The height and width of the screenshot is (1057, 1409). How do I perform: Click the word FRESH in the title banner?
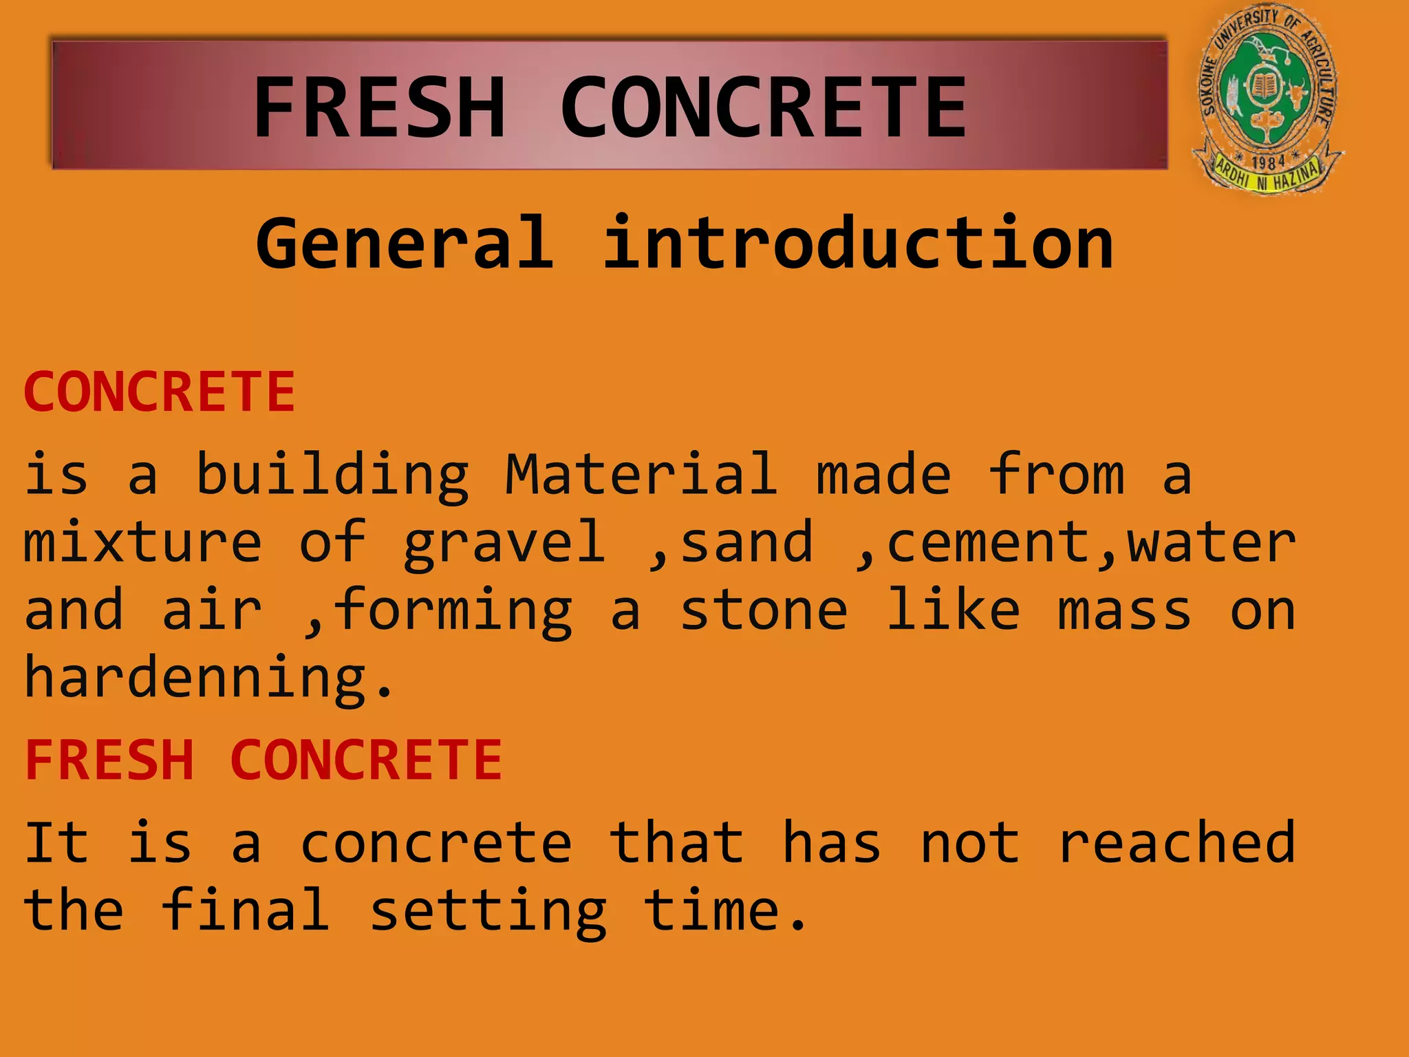pos(380,107)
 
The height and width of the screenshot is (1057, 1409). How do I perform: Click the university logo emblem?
pos(1267,96)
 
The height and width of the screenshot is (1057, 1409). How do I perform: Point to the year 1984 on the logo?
pos(1267,163)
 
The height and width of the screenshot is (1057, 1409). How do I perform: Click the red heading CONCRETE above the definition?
pos(160,392)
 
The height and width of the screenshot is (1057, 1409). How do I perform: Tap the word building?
pos(332,475)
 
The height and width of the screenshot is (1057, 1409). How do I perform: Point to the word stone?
pos(764,610)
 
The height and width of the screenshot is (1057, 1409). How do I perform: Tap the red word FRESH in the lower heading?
pos(110,760)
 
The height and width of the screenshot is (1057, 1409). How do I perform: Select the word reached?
pos(1176,842)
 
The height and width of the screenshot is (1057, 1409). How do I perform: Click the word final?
pos(246,910)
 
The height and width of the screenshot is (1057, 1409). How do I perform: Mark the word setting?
pos(488,911)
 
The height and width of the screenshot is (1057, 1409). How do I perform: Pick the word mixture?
pos(143,542)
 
